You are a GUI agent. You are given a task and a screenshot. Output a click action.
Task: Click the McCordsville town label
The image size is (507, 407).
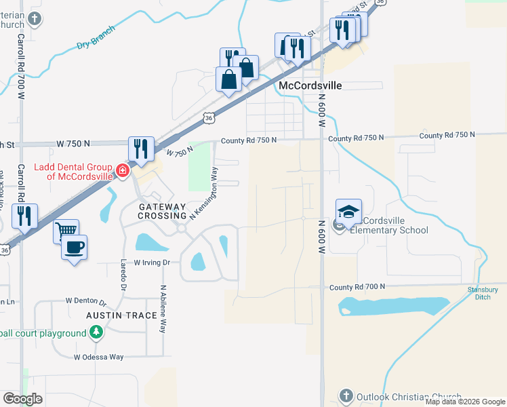(310, 86)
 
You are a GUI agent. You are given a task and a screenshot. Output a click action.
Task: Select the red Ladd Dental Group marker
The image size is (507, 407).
(123, 170)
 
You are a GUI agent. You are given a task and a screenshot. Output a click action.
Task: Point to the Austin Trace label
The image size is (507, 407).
(117, 316)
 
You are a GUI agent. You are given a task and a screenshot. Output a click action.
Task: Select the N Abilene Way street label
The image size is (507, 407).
(163, 309)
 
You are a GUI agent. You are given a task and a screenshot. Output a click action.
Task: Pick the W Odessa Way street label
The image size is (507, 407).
(99, 357)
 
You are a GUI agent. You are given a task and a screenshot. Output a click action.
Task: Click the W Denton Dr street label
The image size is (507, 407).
(86, 300)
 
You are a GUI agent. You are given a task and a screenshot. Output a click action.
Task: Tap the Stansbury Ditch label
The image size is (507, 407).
(483, 294)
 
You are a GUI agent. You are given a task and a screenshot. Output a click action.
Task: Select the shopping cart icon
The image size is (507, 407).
(66, 231)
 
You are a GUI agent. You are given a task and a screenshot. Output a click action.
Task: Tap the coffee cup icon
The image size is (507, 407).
(75, 247)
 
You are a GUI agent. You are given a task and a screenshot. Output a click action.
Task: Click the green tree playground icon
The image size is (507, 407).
(96, 332)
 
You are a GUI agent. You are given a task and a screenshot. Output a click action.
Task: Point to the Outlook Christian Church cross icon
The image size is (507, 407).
(345, 395)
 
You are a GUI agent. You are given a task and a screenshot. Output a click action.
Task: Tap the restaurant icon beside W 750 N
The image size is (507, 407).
(141, 149)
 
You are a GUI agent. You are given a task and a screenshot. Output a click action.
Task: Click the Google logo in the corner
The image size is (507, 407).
(23, 399)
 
